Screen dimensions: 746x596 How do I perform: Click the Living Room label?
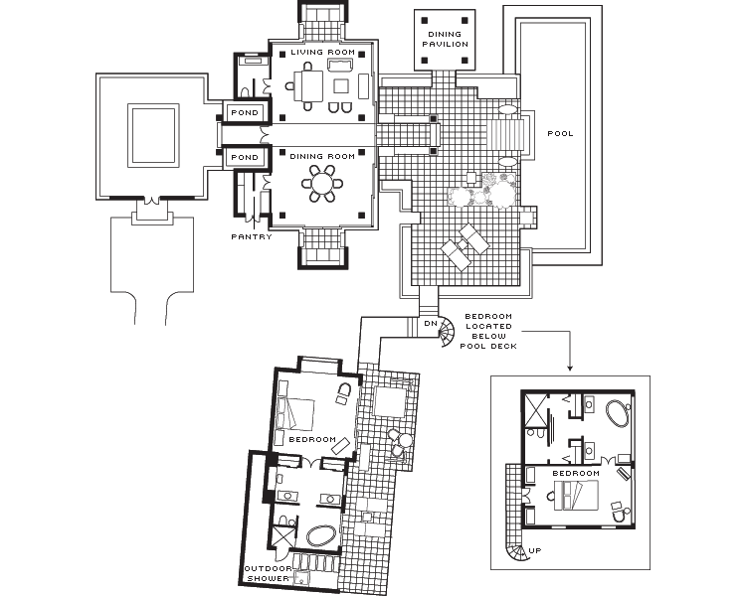pyautogui.click(x=323, y=52)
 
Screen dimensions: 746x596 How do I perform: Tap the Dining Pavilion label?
pyautogui.click(x=446, y=39)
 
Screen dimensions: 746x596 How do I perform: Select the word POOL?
pyautogui.click(x=560, y=133)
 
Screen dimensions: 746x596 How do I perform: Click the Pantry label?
pyautogui.click(x=252, y=236)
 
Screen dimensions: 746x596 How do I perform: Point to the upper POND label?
pyautogui.click(x=245, y=112)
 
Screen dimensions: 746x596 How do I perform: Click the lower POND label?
pyautogui.click(x=245, y=157)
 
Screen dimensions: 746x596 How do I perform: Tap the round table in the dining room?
pyautogui.click(x=322, y=184)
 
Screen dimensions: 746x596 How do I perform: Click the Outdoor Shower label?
pyautogui.click(x=268, y=573)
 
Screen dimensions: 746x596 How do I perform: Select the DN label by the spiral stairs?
pyautogui.click(x=431, y=323)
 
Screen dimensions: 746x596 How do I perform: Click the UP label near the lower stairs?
pyautogui.click(x=535, y=551)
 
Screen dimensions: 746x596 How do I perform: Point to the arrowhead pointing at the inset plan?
pyautogui.click(x=570, y=368)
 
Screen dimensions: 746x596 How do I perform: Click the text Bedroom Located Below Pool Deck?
pyautogui.click(x=488, y=331)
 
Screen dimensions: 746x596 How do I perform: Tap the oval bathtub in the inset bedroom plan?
pyautogui.click(x=618, y=413)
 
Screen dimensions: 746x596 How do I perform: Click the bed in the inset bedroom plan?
pyautogui.click(x=576, y=495)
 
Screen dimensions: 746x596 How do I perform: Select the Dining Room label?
pyautogui.click(x=322, y=156)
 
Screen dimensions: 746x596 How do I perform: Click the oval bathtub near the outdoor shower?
pyautogui.click(x=322, y=536)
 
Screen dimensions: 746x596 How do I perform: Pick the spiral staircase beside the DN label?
pyautogui.click(x=447, y=331)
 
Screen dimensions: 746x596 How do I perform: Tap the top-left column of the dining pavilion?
pyautogui.click(x=425, y=21)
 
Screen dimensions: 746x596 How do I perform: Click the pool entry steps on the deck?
pyautogui.click(x=506, y=135)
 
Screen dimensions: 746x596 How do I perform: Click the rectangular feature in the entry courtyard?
pyautogui.click(x=153, y=135)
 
